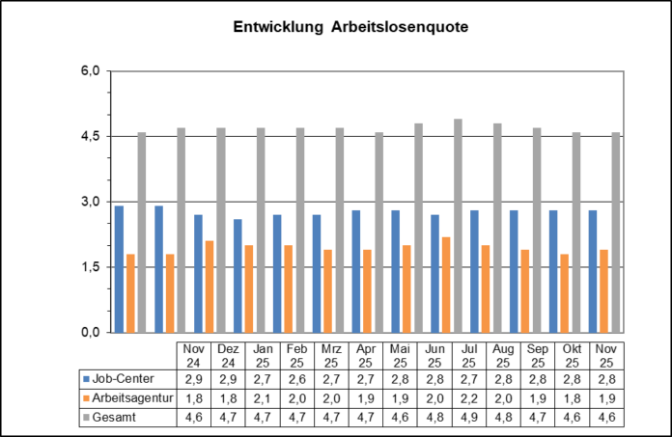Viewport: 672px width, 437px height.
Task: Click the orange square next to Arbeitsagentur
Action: (87, 397)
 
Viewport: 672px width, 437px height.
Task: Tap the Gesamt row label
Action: (114, 417)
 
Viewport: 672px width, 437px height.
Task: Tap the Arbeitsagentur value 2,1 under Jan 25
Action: (264, 397)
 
